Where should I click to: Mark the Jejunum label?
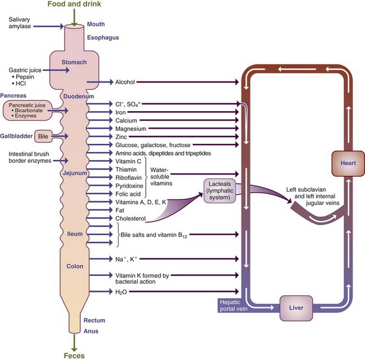point(75,173)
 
